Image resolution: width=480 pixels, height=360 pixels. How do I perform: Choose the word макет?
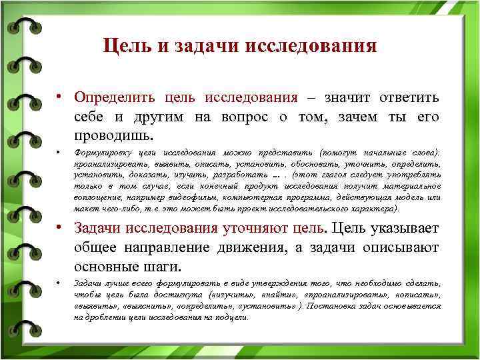point(85,208)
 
